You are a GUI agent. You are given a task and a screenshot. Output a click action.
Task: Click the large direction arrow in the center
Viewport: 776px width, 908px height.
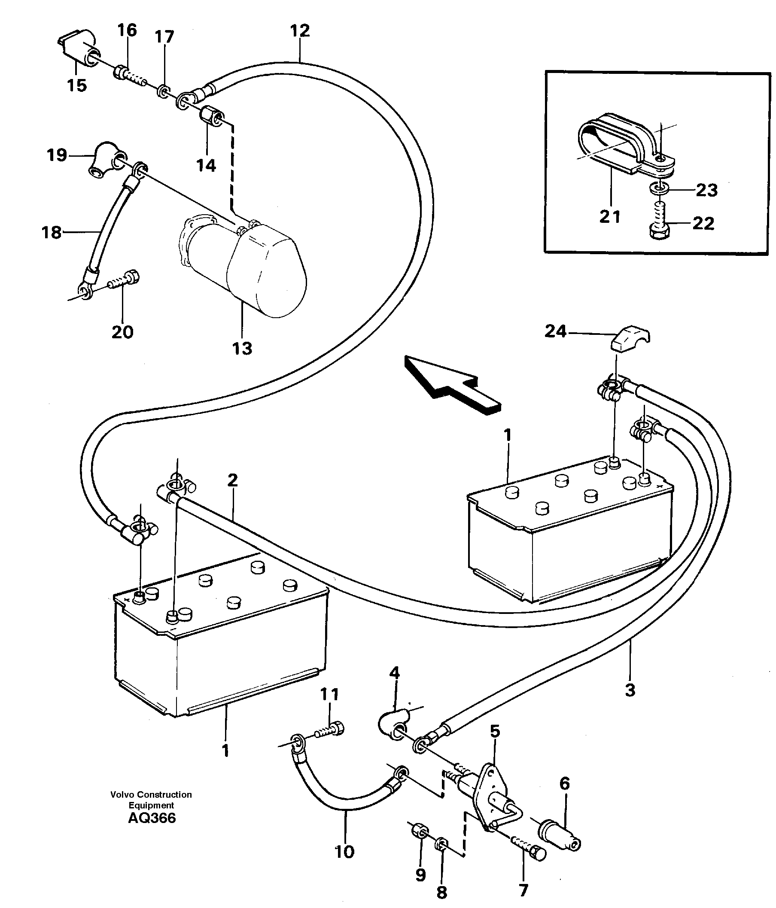coord(452,381)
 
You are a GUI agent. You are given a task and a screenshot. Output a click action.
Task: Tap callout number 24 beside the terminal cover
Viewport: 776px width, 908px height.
coord(555,331)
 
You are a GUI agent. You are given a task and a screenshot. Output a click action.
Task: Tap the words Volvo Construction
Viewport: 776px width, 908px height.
coord(151,795)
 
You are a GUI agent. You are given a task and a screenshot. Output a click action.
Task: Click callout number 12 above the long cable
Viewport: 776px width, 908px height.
coord(300,30)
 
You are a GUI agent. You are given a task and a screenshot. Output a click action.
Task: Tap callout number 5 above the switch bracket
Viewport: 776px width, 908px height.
coord(495,731)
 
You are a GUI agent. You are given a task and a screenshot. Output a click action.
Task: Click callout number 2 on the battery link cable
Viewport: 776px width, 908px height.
coord(232,480)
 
